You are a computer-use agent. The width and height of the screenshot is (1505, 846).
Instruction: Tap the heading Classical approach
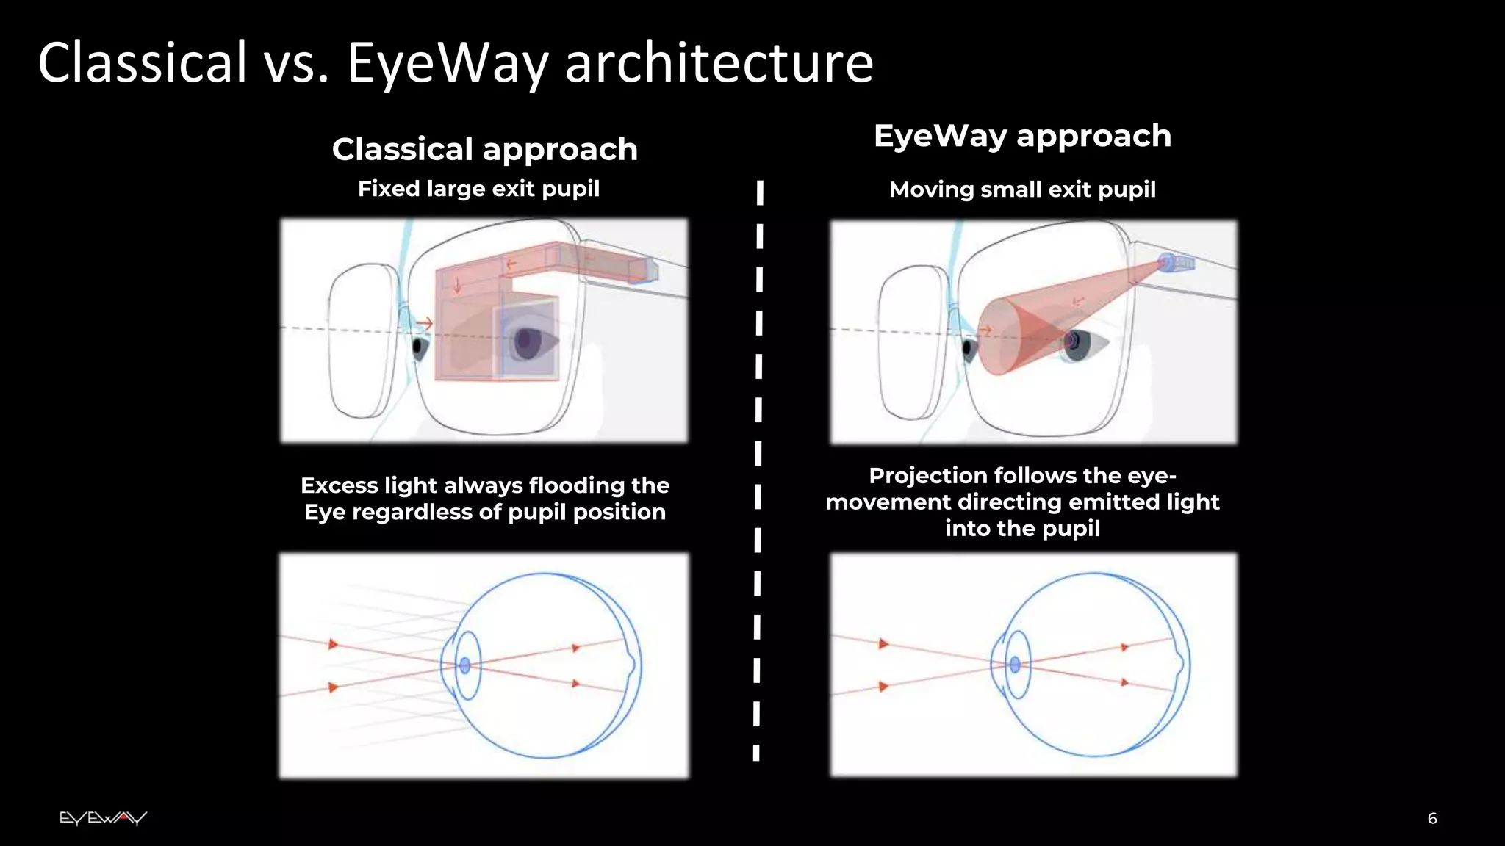(484, 150)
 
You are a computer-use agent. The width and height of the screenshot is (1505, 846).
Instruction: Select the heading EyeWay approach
(1022, 137)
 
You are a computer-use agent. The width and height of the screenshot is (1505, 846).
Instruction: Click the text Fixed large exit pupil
(478, 189)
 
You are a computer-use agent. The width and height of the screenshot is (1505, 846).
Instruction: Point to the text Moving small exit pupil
(1022, 189)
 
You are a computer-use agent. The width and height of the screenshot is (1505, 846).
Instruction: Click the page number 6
(1432, 818)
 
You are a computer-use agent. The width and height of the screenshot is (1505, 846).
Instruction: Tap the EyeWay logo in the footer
(103, 818)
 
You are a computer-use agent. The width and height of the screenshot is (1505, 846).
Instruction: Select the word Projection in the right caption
(927, 476)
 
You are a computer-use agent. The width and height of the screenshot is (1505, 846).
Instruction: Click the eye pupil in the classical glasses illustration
(525, 341)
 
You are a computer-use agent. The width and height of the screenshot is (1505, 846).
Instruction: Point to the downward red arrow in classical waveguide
(457, 285)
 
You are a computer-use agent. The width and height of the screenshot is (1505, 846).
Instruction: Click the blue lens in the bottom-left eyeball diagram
(464, 665)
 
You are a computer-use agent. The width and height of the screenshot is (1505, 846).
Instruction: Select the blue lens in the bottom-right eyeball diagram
(1015, 665)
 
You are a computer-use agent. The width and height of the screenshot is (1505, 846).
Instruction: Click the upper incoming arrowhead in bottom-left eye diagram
(333, 645)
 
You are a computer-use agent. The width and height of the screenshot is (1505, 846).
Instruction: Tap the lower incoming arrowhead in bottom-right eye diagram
(883, 687)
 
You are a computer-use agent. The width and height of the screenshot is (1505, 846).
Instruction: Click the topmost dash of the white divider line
(760, 192)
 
